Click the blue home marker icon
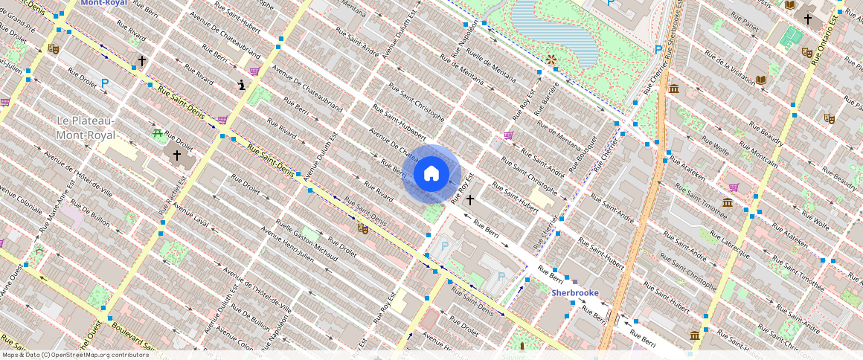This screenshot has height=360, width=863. [431, 174]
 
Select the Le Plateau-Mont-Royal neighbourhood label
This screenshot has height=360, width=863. [86, 128]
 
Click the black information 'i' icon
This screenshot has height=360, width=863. [241, 85]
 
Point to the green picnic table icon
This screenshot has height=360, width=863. [158, 133]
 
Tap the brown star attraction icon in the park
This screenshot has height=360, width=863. [551, 59]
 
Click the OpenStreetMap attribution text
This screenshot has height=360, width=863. [75, 355]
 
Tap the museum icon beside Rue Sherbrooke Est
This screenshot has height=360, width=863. [674, 89]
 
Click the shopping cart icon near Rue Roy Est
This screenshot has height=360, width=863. [509, 135]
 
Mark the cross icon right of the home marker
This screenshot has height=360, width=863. [470, 199]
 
